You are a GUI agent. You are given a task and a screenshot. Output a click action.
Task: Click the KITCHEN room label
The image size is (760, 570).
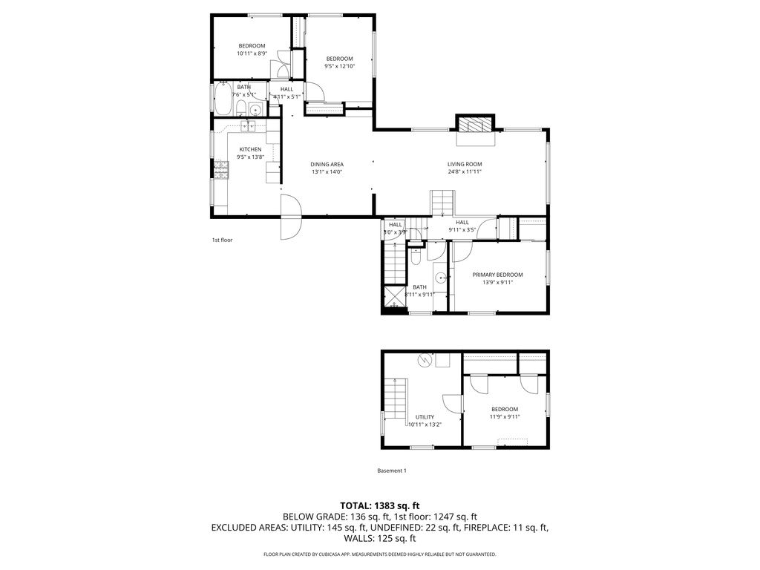(250, 149)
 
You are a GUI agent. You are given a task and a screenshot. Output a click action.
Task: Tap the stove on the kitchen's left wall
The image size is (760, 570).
(222, 171)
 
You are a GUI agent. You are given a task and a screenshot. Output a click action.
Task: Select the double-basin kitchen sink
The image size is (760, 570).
(247, 126)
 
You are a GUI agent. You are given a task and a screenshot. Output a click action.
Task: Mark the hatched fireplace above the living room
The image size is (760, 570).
(474, 124)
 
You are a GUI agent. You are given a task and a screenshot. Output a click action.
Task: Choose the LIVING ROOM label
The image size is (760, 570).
(465, 164)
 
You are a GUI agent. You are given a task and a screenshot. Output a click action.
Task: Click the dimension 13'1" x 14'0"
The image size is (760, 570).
(327, 172)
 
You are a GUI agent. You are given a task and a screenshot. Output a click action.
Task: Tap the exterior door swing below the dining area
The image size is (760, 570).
(290, 218)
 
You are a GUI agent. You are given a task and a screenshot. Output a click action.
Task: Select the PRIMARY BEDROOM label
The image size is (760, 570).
(497, 275)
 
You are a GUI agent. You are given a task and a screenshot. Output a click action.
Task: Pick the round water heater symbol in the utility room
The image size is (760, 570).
(425, 360)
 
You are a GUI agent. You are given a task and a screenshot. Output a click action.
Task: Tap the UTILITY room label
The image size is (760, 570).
(425, 417)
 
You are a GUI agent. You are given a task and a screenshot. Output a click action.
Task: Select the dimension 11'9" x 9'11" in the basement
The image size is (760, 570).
(505, 417)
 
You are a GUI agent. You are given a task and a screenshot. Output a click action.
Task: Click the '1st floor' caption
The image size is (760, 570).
(222, 240)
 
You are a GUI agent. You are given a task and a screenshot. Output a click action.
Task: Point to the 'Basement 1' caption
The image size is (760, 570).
(392, 471)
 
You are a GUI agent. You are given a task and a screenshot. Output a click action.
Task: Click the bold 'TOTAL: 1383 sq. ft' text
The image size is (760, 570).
(379, 505)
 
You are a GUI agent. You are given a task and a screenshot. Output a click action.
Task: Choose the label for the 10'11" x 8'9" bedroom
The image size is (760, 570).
(252, 46)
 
